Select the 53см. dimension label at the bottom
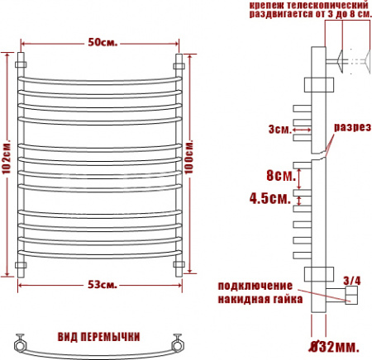[x=103, y=285]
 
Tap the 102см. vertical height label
[x=6, y=158]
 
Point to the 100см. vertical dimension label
[x=189, y=157]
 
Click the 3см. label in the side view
[x=280, y=129]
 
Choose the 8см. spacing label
[x=281, y=175]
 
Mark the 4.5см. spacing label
[x=270, y=198]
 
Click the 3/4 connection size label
[x=352, y=281]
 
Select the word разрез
[x=352, y=127]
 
